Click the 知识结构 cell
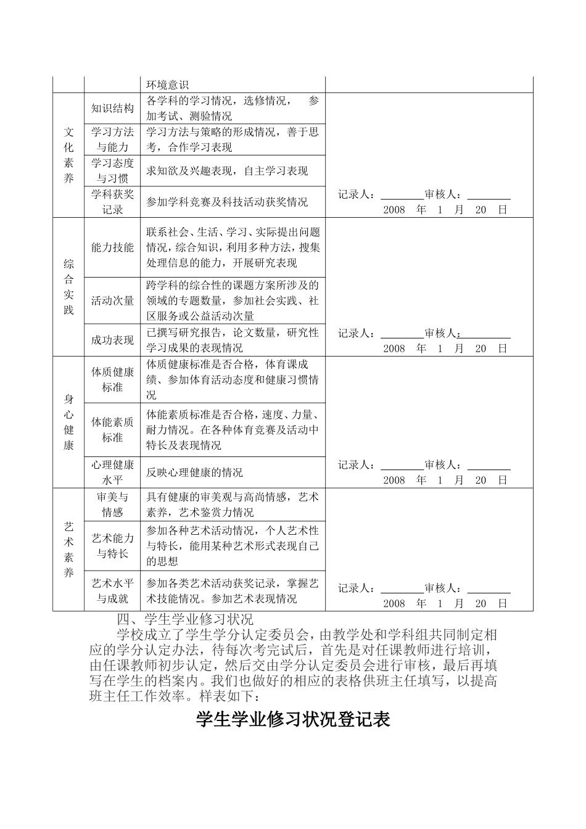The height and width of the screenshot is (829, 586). tap(112, 109)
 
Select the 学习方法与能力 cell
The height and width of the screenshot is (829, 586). tap(112, 139)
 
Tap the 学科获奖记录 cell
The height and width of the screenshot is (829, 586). tap(112, 202)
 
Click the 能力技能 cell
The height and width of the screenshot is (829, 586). tap(112, 247)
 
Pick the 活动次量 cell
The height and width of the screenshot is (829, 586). tap(112, 301)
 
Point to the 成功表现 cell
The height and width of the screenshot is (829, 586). tap(112, 340)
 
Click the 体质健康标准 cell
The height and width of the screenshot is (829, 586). tap(112, 380)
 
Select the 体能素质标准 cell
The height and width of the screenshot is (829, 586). tap(112, 430)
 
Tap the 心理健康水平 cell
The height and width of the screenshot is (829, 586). tap(112, 472)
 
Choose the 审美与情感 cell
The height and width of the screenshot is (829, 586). tap(112, 505)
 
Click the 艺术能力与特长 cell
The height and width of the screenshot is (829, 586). tap(112, 546)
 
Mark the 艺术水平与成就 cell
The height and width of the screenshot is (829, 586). tap(112, 590)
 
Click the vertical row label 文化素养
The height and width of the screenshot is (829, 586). tap(68, 155)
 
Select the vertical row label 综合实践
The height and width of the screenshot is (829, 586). tap(68, 287)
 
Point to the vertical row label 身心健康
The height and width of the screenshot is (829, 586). tap(68, 422)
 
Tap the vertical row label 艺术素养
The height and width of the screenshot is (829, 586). tap(68, 550)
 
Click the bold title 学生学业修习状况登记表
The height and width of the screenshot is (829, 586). tap(293, 720)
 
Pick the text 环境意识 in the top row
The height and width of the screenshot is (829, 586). tap(167, 85)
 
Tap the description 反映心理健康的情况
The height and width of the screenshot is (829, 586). tap(194, 472)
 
